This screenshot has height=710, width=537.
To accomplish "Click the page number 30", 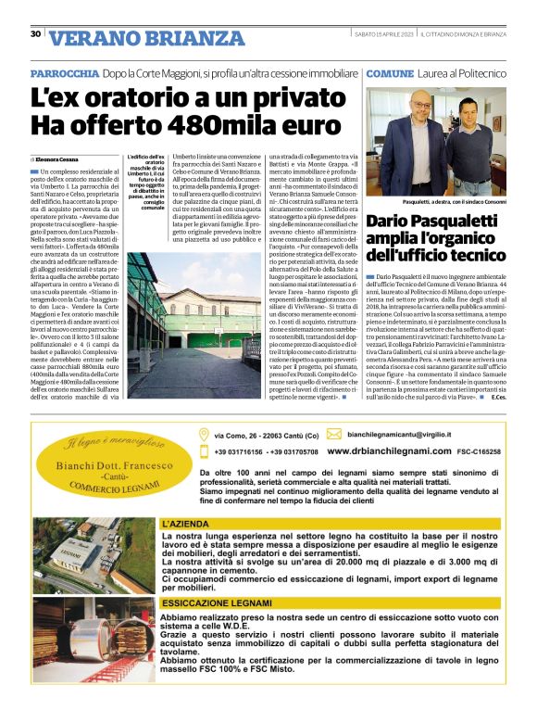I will pyautogui.click(x=35, y=33).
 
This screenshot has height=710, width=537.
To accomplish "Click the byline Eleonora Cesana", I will pyautogui.click(x=58, y=159).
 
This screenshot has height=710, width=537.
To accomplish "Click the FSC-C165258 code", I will pyautogui.click(x=477, y=451).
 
